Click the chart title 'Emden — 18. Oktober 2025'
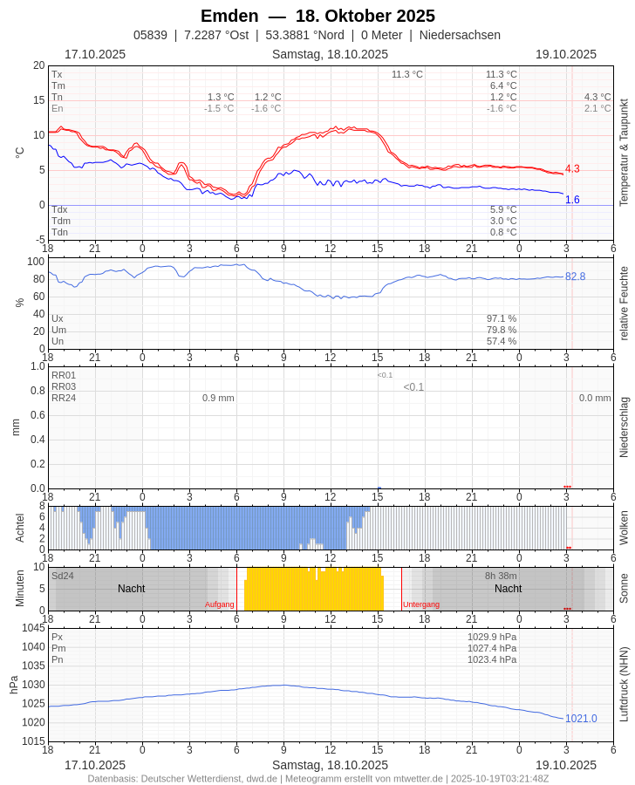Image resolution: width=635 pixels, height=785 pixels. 317,16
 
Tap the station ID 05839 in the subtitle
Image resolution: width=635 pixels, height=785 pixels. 150,35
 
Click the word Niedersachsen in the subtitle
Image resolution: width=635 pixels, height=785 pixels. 460,35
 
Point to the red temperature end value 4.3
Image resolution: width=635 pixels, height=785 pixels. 572,168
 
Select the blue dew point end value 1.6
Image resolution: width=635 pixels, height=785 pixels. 572,200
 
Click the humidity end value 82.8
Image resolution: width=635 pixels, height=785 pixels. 575,276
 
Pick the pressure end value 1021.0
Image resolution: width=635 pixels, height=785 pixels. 581,718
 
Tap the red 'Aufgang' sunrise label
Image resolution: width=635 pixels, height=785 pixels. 219,604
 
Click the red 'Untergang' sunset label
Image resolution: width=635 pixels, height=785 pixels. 421,604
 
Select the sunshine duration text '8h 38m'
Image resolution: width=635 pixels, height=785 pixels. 501,576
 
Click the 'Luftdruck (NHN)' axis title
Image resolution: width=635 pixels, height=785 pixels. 624,684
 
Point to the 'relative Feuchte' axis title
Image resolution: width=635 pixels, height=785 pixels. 624,303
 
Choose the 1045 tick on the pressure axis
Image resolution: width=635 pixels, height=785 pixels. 33,628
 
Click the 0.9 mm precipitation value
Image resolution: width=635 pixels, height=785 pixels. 218,398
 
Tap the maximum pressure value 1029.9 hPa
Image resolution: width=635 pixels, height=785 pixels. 492,637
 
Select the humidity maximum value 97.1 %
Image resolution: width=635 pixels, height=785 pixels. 502,318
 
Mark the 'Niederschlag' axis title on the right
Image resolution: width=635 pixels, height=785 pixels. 624,427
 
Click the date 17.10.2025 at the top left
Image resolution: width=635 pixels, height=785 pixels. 95,54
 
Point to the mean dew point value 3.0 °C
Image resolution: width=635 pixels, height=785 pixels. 503,221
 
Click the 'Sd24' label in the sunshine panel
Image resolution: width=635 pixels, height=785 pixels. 63,576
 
